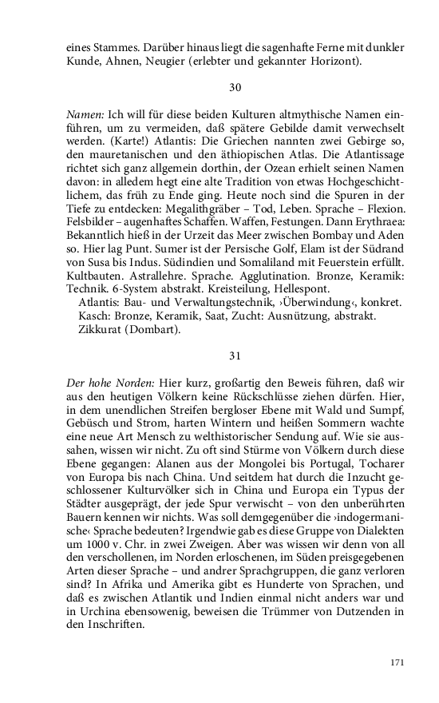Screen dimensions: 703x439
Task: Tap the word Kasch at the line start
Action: (93, 316)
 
